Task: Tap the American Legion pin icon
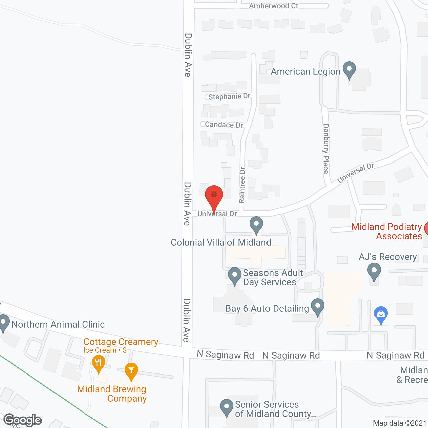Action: point(349,70)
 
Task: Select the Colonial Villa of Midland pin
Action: point(256,225)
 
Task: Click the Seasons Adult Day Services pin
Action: point(235,276)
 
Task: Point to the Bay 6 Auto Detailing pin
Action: point(318,307)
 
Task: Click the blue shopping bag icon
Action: point(381,314)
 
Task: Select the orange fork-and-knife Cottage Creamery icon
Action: point(98,363)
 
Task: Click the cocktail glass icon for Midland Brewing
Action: point(131,371)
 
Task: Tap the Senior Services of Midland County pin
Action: point(227,407)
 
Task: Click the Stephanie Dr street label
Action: point(229,97)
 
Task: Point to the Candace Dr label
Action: point(224,125)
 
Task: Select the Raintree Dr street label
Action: point(242,185)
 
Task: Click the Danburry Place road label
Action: point(326,148)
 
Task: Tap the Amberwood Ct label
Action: point(274,6)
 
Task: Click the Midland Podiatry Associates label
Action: point(387,231)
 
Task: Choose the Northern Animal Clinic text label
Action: point(58,324)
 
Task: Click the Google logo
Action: point(23,420)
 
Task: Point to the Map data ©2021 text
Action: point(400,423)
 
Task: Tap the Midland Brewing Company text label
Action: point(112,394)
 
